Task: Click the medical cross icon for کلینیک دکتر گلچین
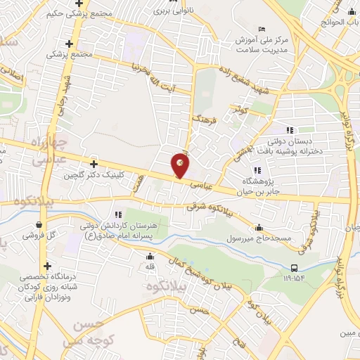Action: coord(93,163)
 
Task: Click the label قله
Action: coord(149,267)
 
